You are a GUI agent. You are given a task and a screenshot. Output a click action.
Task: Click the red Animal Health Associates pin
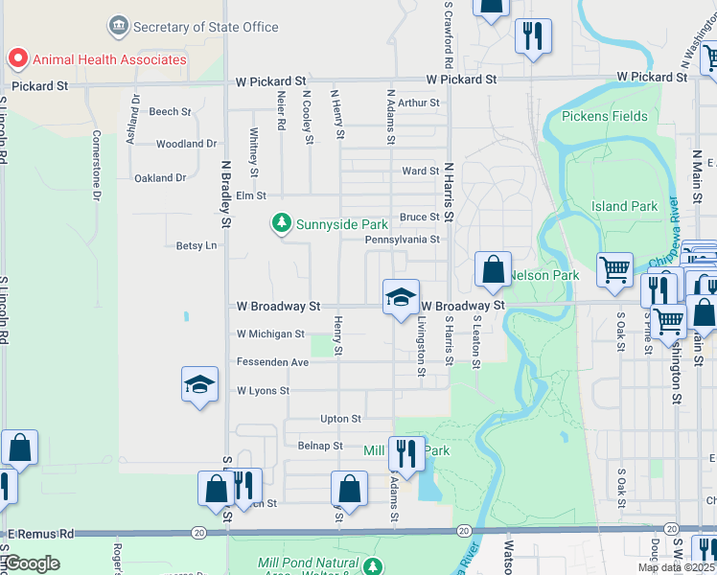17,59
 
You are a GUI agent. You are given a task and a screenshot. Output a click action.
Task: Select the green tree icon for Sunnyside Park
281,223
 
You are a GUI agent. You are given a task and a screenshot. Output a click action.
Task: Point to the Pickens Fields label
605,117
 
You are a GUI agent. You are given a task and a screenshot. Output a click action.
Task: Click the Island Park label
624,206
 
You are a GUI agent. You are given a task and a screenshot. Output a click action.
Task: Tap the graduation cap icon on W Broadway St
401,297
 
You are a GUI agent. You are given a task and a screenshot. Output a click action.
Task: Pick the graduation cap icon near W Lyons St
199,385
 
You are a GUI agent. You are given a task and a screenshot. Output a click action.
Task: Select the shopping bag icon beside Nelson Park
493,269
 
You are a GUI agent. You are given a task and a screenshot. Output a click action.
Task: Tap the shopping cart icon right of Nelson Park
614,267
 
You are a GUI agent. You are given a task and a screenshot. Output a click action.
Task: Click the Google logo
33,563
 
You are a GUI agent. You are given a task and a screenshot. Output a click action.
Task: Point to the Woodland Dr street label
186,144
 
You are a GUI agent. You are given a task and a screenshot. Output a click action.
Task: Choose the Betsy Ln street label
197,245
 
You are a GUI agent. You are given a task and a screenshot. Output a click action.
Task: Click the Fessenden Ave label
272,362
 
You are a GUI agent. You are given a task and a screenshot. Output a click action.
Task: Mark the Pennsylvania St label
402,240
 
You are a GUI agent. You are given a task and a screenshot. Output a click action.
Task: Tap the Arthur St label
418,103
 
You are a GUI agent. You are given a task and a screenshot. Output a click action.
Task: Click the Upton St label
340,419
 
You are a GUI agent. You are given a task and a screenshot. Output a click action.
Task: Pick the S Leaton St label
476,342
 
